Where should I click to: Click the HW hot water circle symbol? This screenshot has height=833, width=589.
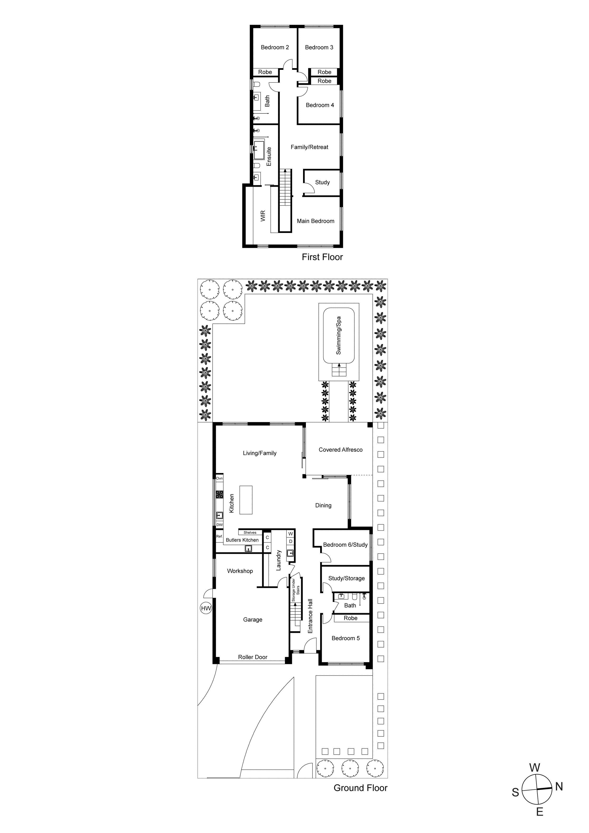click(206, 608)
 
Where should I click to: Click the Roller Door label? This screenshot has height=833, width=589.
click(253, 657)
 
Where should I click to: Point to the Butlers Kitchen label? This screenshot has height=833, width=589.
click(242, 540)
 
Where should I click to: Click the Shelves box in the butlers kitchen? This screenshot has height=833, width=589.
click(250, 533)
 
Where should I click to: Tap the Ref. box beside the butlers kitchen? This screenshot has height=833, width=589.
click(219, 536)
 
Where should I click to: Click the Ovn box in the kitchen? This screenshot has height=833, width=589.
click(219, 478)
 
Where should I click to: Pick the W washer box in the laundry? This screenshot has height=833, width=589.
click(291, 534)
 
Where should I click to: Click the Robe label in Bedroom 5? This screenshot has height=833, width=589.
click(351, 618)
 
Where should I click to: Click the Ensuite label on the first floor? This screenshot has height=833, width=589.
click(269, 156)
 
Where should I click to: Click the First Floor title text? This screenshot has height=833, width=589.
click(322, 257)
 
